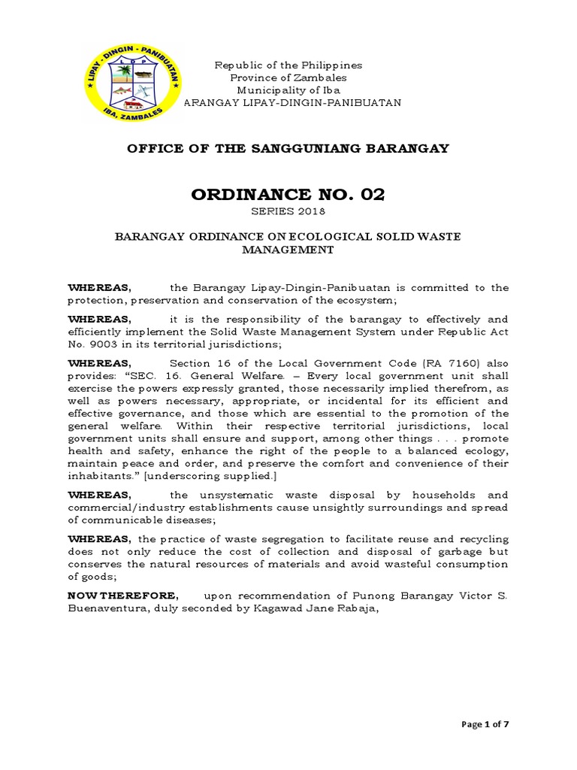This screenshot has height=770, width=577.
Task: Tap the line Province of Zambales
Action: click(288, 78)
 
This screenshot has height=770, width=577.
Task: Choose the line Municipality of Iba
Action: click(288, 90)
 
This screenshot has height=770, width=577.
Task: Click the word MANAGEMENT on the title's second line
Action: click(288, 250)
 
